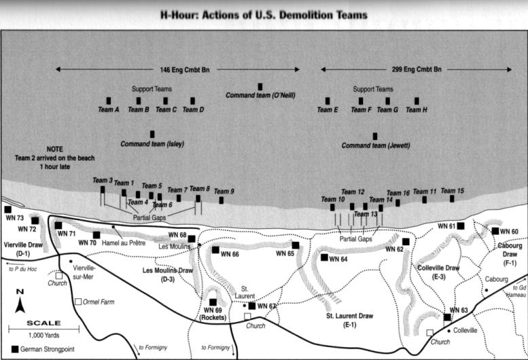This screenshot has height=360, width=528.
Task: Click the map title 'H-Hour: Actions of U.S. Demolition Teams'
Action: (263, 14)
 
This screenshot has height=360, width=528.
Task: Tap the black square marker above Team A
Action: (109, 101)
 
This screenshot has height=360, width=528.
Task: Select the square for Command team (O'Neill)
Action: (260, 86)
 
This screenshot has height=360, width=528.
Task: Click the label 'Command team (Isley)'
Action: (152, 144)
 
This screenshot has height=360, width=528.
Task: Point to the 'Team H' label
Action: (417, 110)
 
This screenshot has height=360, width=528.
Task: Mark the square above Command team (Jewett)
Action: (374, 136)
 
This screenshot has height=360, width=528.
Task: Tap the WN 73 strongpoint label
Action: (14, 219)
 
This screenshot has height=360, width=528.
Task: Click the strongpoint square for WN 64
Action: (324, 257)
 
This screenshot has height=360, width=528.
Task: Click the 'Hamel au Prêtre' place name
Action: (130, 242)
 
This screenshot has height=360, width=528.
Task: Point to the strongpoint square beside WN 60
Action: (495, 231)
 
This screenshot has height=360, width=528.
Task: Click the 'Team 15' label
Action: (452, 191)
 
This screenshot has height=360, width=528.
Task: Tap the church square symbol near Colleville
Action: (429, 333)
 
